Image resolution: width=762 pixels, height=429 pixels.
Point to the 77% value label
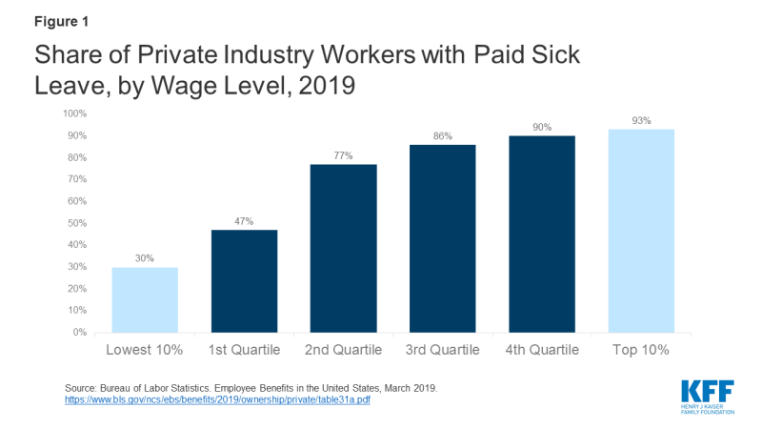click(x=342, y=155)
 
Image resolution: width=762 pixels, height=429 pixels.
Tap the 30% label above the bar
click(x=144, y=258)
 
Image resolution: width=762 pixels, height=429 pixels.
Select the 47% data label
click(x=243, y=221)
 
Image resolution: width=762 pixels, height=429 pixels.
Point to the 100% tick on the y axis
click(x=74, y=113)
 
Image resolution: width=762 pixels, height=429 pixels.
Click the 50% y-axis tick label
click(x=76, y=223)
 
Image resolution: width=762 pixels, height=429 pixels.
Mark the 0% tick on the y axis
click(x=79, y=333)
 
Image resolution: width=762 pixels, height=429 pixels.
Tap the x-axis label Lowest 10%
click(x=144, y=350)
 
